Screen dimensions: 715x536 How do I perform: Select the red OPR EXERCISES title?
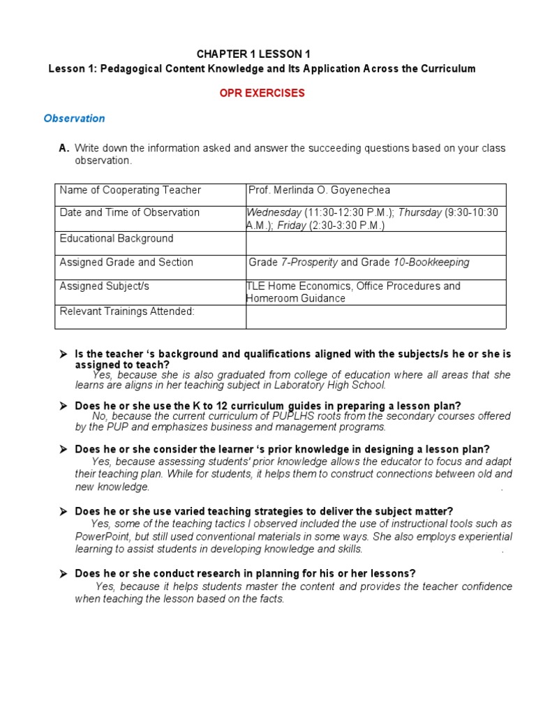(x=262, y=93)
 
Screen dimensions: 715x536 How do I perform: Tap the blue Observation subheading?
(x=74, y=118)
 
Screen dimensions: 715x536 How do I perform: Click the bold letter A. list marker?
(x=64, y=148)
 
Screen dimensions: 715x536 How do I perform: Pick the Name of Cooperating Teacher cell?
(x=130, y=190)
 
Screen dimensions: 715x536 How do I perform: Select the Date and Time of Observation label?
(x=129, y=212)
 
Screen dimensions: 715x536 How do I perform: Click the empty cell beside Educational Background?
(x=375, y=243)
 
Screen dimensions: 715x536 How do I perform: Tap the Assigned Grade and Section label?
(x=126, y=263)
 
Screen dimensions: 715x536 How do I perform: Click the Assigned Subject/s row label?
(x=104, y=286)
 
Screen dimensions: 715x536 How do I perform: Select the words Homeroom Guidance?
(x=295, y=298)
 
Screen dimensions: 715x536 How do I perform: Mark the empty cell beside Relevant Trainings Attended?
(x=375, y=316)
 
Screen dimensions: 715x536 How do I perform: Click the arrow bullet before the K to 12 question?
(x=63, y=406)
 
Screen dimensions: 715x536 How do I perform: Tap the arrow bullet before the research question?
(x=63, y=574)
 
